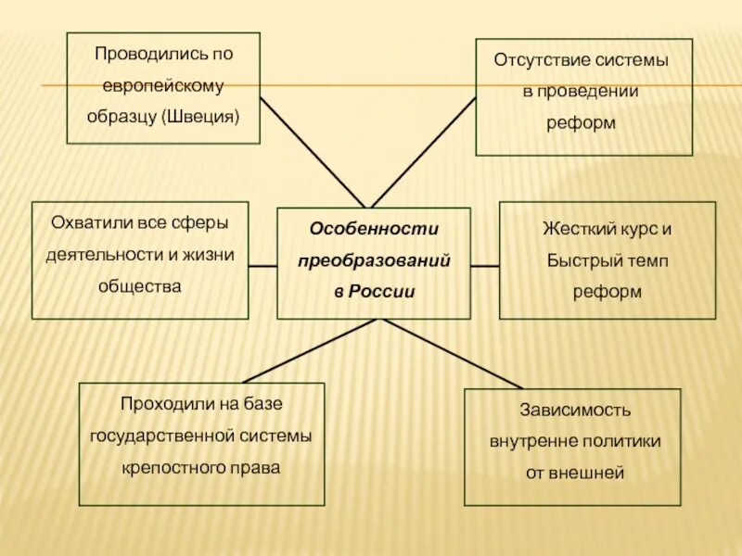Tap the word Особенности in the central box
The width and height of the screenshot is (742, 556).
point(374,228)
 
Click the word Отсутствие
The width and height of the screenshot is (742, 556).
point(539,60)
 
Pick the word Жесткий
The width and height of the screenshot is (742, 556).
point(574,229)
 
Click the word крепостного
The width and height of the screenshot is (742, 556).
point(163,468)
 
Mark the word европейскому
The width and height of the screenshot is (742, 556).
point(163,85)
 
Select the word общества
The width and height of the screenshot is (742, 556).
point(140,286)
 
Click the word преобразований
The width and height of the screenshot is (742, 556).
point(374,260)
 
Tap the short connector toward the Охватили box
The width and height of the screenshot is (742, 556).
point(262,265)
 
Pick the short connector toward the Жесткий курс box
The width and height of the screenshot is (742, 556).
point(485,265)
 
